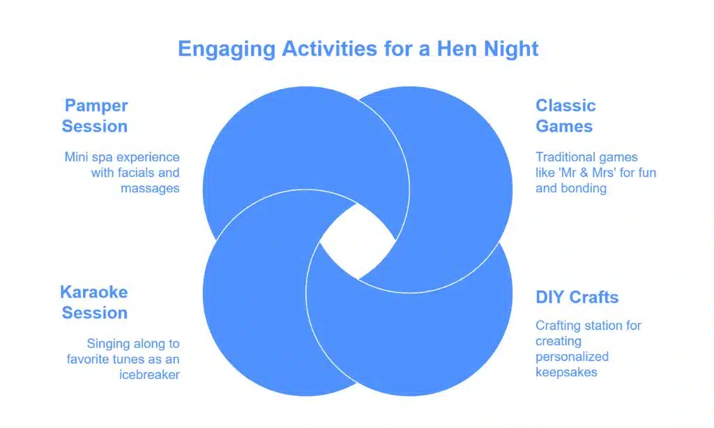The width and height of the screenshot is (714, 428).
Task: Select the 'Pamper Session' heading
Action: click(95, 116)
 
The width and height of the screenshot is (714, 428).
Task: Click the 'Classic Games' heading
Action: click(565, 116)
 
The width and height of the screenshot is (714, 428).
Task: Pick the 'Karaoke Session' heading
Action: click(94, 302)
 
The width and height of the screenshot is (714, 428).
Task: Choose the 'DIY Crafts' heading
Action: click(577, 297)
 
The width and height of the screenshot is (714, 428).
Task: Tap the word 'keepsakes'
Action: click(565, 372)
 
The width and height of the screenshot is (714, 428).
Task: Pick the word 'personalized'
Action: click(572, 356)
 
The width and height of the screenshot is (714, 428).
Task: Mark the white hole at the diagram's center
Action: click(356, 245)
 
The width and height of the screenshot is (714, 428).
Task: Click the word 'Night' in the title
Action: click(514, 49)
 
